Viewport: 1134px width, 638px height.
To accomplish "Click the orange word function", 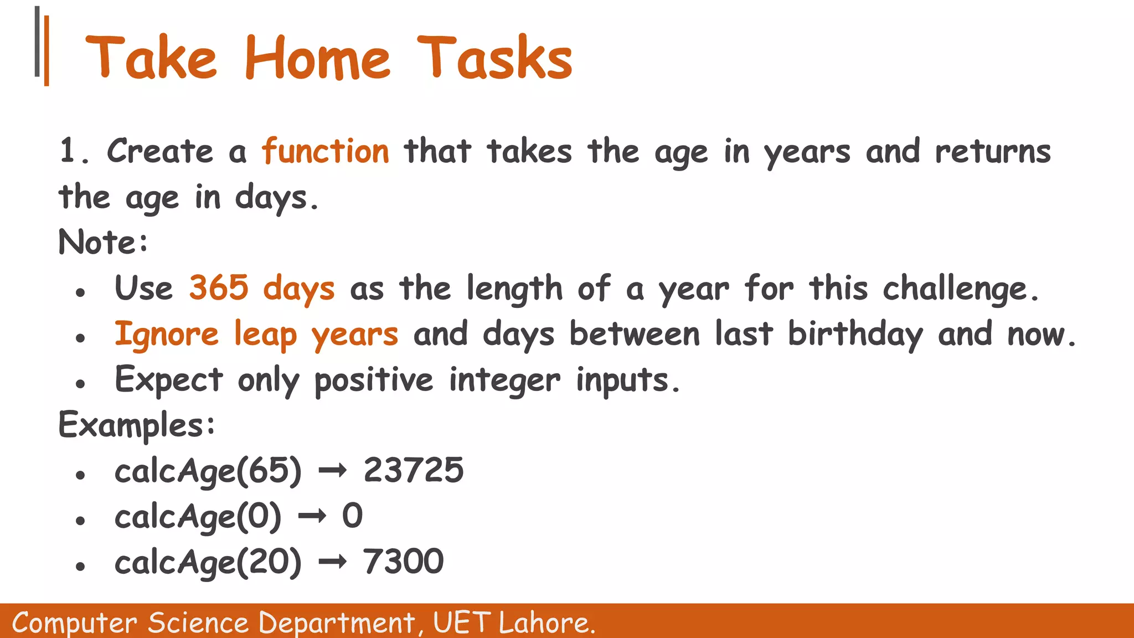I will tap(326, 152).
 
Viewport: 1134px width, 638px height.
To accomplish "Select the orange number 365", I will tap(219, 288).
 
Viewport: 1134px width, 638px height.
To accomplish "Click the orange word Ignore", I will tap(167, 335).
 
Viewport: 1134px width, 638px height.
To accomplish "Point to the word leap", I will tap(265, 335).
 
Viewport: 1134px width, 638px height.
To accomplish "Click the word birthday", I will tap(855, 335).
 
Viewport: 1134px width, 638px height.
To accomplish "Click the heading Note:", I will tap(104, 243).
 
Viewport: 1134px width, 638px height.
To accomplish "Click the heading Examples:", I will tap(137, 425).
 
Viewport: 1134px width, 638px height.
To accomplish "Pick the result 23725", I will tap(413, 471).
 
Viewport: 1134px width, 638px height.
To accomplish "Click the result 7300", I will tap(403, 562).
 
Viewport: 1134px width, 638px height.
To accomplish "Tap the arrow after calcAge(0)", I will tap(312, 517).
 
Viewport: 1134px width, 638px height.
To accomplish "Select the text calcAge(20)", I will tap(208, 563).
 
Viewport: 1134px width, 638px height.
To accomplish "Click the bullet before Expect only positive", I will tap(81, 383).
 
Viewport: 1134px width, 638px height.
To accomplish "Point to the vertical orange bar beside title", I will tap(47, 51).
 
